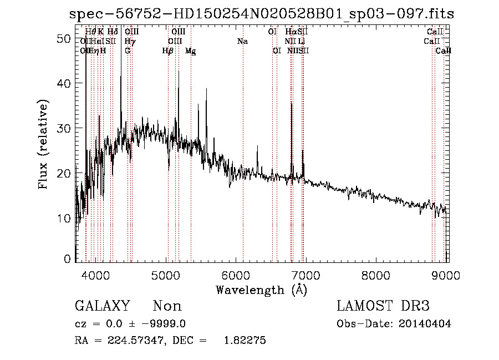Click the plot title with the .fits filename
click(261, 14)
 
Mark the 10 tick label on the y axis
click(65, 218)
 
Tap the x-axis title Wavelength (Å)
click(261, 289)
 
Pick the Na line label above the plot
click(242, 41)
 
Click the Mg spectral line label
click(190, 51)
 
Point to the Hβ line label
click(167, 51)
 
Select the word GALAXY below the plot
click(102, 306)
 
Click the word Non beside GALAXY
click(167, 306)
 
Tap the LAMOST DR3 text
click(383, 306)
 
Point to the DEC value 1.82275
click(244, 341)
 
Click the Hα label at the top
click(291, 32)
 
